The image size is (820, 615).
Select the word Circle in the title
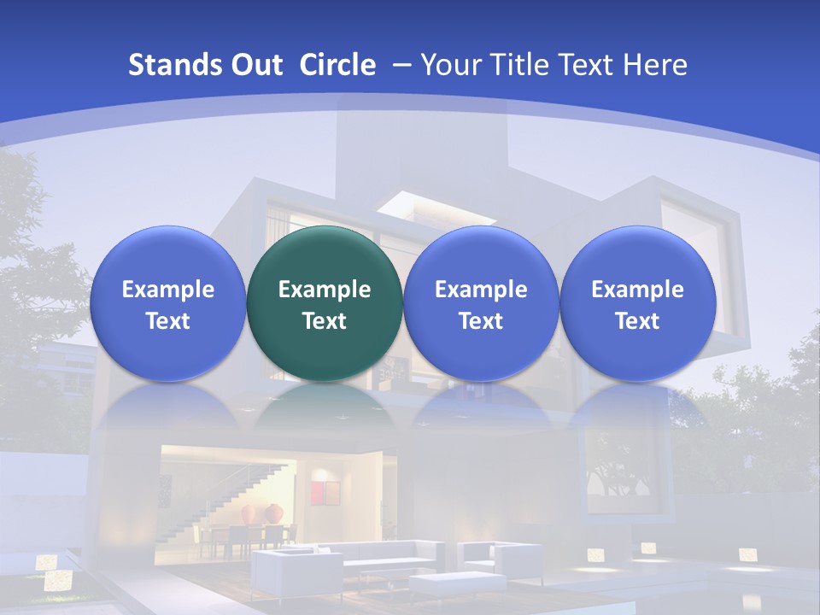pyautogui.click(x=337, y=65)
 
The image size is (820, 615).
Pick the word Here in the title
pyautogui.click(x=657, y=65)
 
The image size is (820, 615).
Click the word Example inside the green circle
pyautogui.click(x=325, y=290)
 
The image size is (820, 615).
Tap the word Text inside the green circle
pyautogui.click(x=325, y=321)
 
